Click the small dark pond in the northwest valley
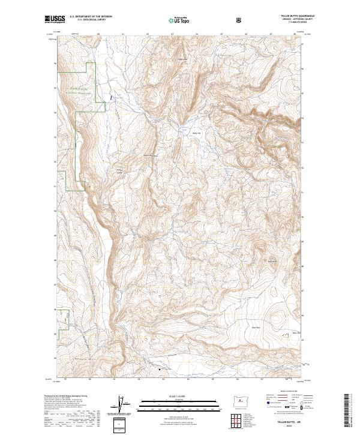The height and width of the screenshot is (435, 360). coord(110,96)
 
